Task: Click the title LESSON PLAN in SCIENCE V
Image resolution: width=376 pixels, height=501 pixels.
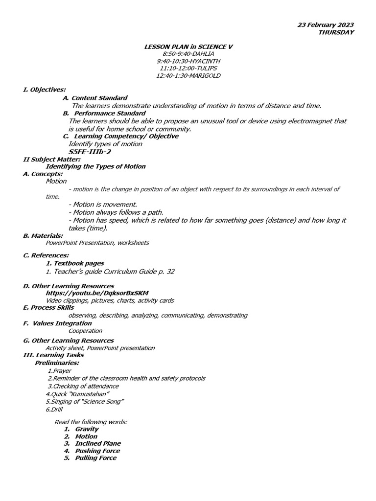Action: pos(188,46)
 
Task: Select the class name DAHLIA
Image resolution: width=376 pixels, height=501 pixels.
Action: pos(201,54)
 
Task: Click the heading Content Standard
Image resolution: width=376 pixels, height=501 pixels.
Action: pos(99,98)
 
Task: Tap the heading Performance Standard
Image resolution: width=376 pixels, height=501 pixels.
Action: pos(110,113)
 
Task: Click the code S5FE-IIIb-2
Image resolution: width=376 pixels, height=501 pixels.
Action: pos(90,152)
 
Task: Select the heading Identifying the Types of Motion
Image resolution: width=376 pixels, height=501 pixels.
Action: pos(95,166)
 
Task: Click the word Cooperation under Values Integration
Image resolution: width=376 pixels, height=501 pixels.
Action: pos(85,331)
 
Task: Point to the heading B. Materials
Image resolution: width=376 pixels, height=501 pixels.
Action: pos(43,235)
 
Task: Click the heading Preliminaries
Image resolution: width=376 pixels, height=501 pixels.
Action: pos(57,363)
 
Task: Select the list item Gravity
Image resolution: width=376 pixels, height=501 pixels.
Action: pos(87,429)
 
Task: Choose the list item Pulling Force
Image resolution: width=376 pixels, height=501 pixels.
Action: pos(95,458)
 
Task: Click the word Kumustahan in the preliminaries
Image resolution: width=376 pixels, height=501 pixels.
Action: pos(92,394)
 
